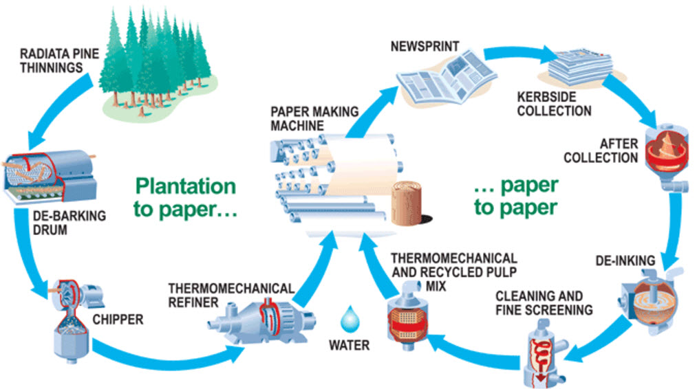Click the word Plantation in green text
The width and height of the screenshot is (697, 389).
[185, 186]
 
